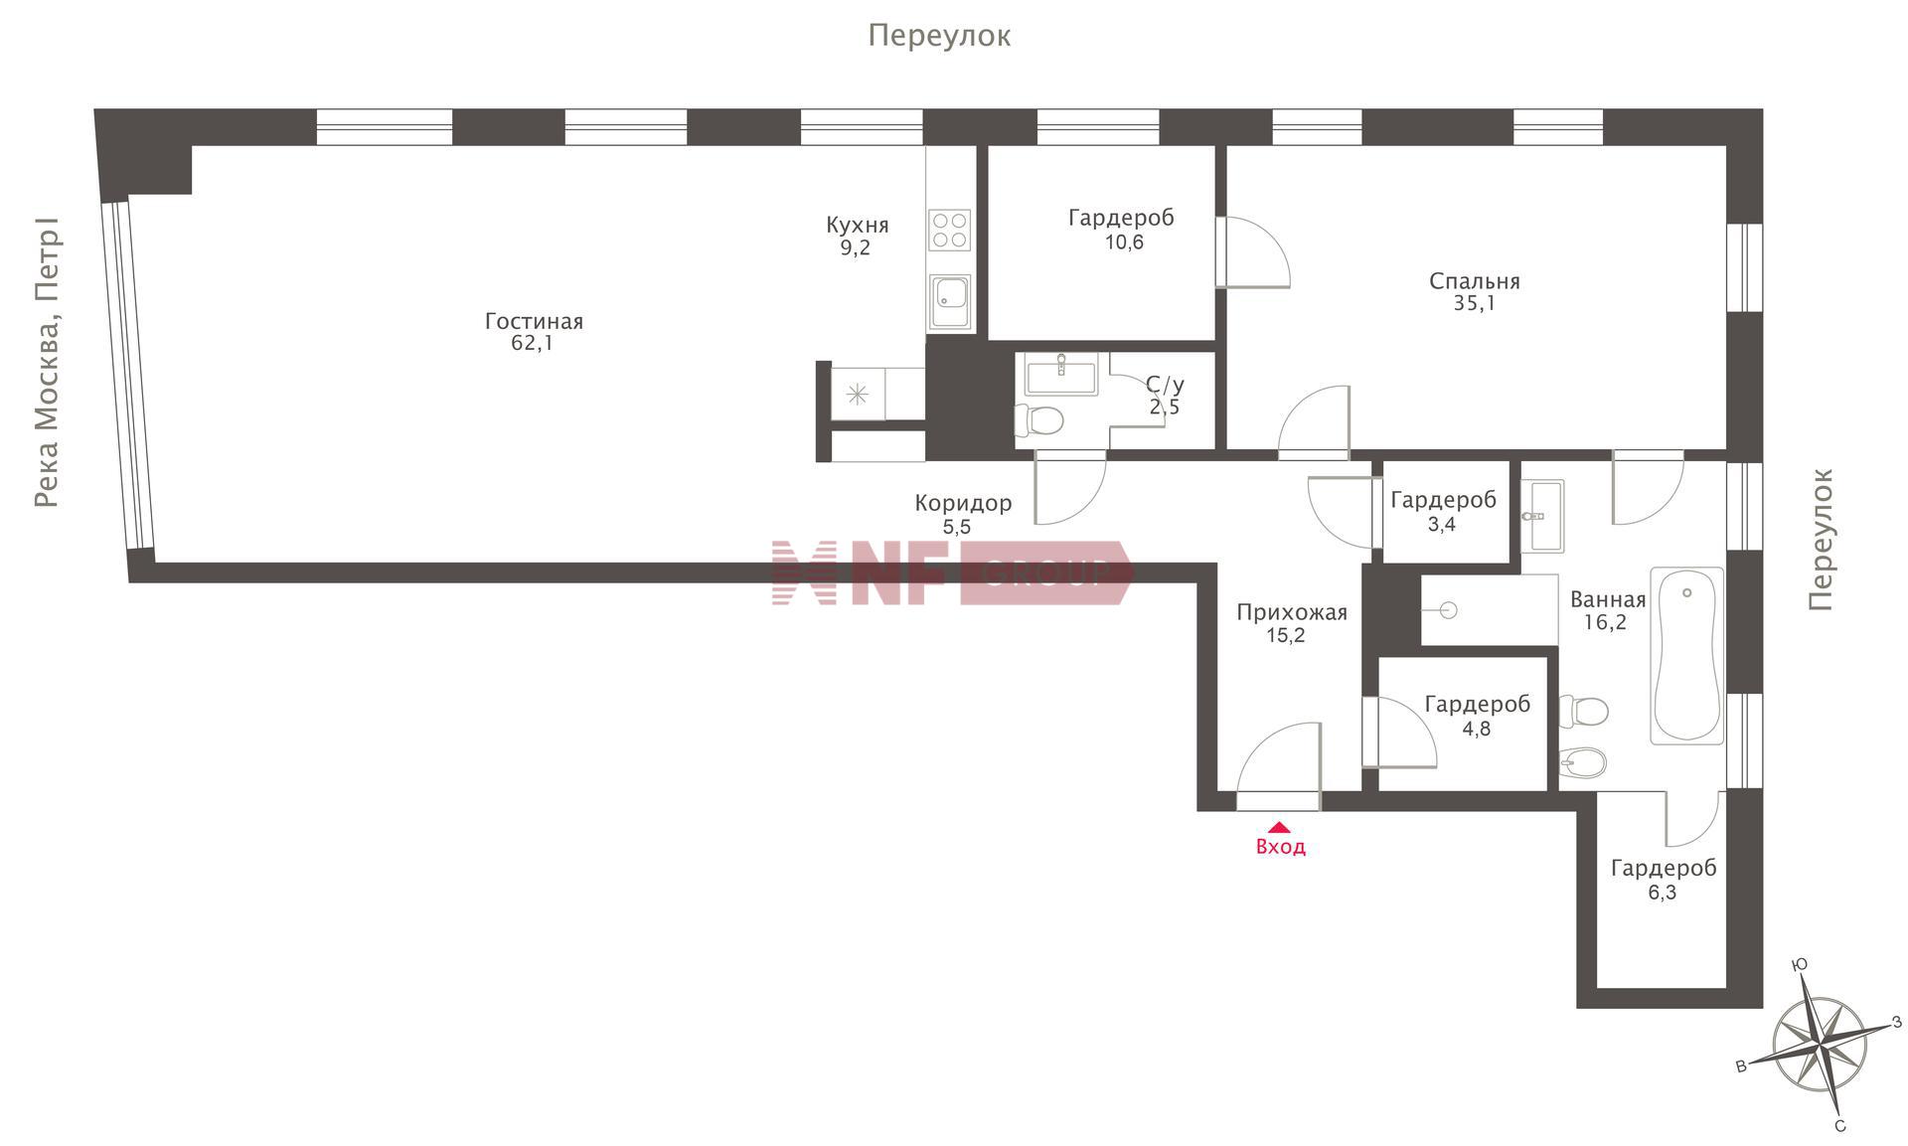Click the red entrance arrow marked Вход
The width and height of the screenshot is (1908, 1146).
pos(1279,826)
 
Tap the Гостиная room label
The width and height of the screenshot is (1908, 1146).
pos(534,321)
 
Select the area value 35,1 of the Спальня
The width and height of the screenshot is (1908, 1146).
pos(1474,303)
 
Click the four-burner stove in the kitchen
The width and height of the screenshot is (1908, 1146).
pos(949,230)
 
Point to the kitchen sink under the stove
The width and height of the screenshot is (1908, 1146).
pos(950,301)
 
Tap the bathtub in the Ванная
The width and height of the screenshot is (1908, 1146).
pos(1686,655)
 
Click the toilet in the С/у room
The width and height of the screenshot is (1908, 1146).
pos(1039,420)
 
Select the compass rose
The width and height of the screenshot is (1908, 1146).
pos(1821,1046)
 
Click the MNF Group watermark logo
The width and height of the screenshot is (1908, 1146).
pos(952,573)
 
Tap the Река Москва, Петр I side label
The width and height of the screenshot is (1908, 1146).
pos(46,363)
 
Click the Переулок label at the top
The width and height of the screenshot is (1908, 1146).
pos(939,36)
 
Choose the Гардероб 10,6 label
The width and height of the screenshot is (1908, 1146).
pos(1122,230)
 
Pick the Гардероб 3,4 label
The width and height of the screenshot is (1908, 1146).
pos(1443,512)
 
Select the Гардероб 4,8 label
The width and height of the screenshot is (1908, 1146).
pos(1477,716)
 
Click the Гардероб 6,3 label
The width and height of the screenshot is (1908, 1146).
pos(1663,880)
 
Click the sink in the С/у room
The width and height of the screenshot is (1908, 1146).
pos(1060,376)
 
